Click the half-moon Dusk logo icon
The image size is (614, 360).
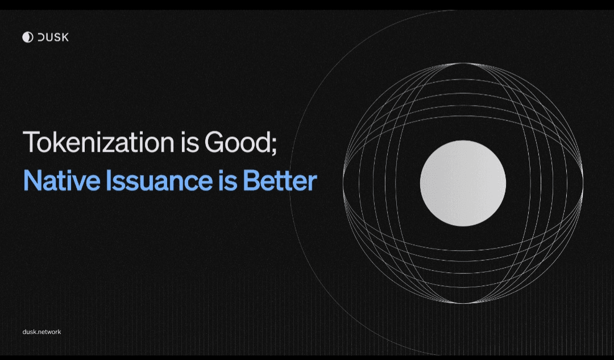(27, 37)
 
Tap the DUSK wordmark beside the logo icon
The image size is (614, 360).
(53, 37)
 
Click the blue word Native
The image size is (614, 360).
(62, 180)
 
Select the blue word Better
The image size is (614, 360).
(280, 180)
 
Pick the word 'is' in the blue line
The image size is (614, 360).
(227, 180)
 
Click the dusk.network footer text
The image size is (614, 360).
(42, 332)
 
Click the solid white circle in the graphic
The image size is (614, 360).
(463, 183)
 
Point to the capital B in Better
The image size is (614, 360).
(251, 181)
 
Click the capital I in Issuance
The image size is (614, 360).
(109, 181)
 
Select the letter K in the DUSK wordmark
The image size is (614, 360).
(65, 37)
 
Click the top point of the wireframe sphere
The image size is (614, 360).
(463, 63)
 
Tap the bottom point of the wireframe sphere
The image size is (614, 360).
(463, 303)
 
